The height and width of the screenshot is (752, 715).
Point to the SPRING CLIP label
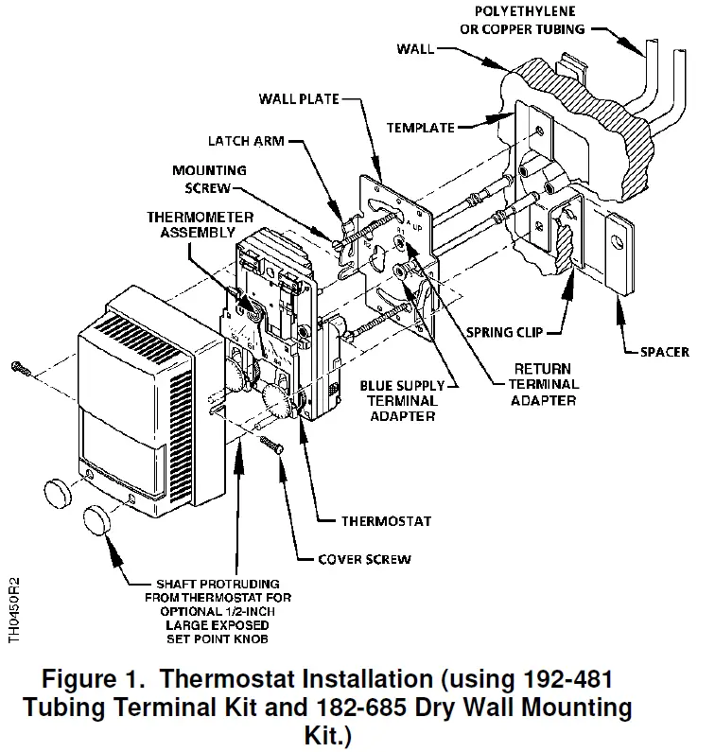501,333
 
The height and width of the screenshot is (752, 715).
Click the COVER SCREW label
364,558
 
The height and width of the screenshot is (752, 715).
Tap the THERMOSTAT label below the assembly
386,521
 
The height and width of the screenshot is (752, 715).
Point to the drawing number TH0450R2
13,610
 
